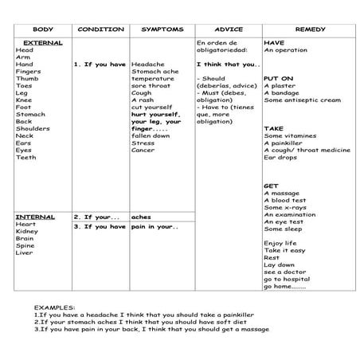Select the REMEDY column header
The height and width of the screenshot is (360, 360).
click(x=310, y=29)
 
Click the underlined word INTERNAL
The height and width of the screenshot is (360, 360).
click(x=36, y=216)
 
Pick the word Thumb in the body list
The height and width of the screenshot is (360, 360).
click(x=25, y=78)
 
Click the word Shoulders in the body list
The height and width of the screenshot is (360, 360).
click(x=33, y=128)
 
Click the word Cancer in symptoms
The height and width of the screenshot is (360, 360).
click(x=143, y=150)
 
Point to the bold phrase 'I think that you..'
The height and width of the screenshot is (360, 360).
click(x=227, y=64)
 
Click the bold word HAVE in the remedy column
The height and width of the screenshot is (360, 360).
click(x=274, y=42)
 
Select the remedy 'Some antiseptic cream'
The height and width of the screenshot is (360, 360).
click(x=302, y=100)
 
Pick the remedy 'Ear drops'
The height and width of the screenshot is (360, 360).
click(x=280, y=157)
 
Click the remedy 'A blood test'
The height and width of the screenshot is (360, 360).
click(x=286, y=200)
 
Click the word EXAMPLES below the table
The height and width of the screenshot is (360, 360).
click(x=55, y=307)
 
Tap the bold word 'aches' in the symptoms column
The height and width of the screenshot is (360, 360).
click(x=141, y=216)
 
